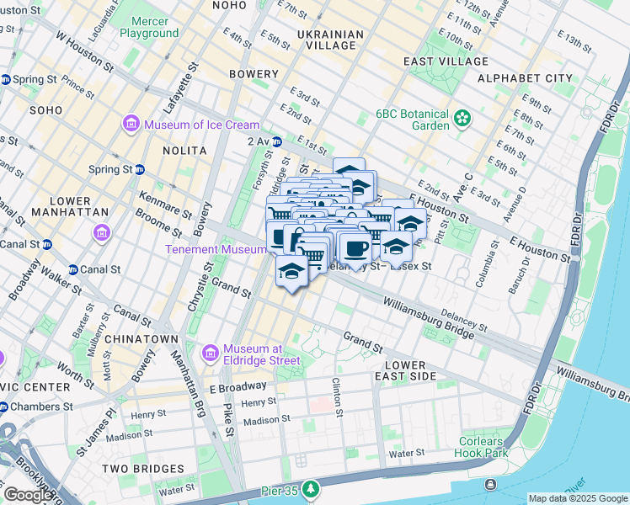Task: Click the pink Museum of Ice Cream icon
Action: pyautogui.click(x=131, y=125)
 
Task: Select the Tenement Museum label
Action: pyautogui.click(x=205, y=249)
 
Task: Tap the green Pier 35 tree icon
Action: pyautogui.click(x=312, y=489)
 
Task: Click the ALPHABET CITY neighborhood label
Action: pyautogui.click(x=525, y=78)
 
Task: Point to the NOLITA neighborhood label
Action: pyautogui.click(x=184, y=150)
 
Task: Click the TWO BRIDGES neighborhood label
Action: pyautogui.click(x=142, y=468)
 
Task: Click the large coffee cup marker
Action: pyautogui.click(x=356, y=248)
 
